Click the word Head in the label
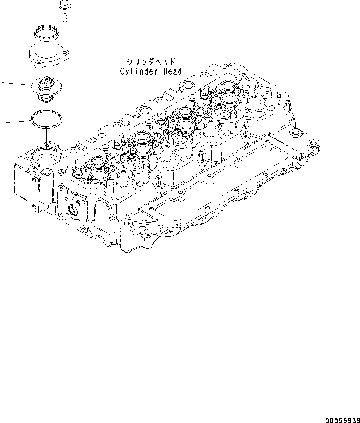tap(172, 72)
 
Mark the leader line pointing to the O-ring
tap(15, 122)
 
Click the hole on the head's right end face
tap(288, 107)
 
